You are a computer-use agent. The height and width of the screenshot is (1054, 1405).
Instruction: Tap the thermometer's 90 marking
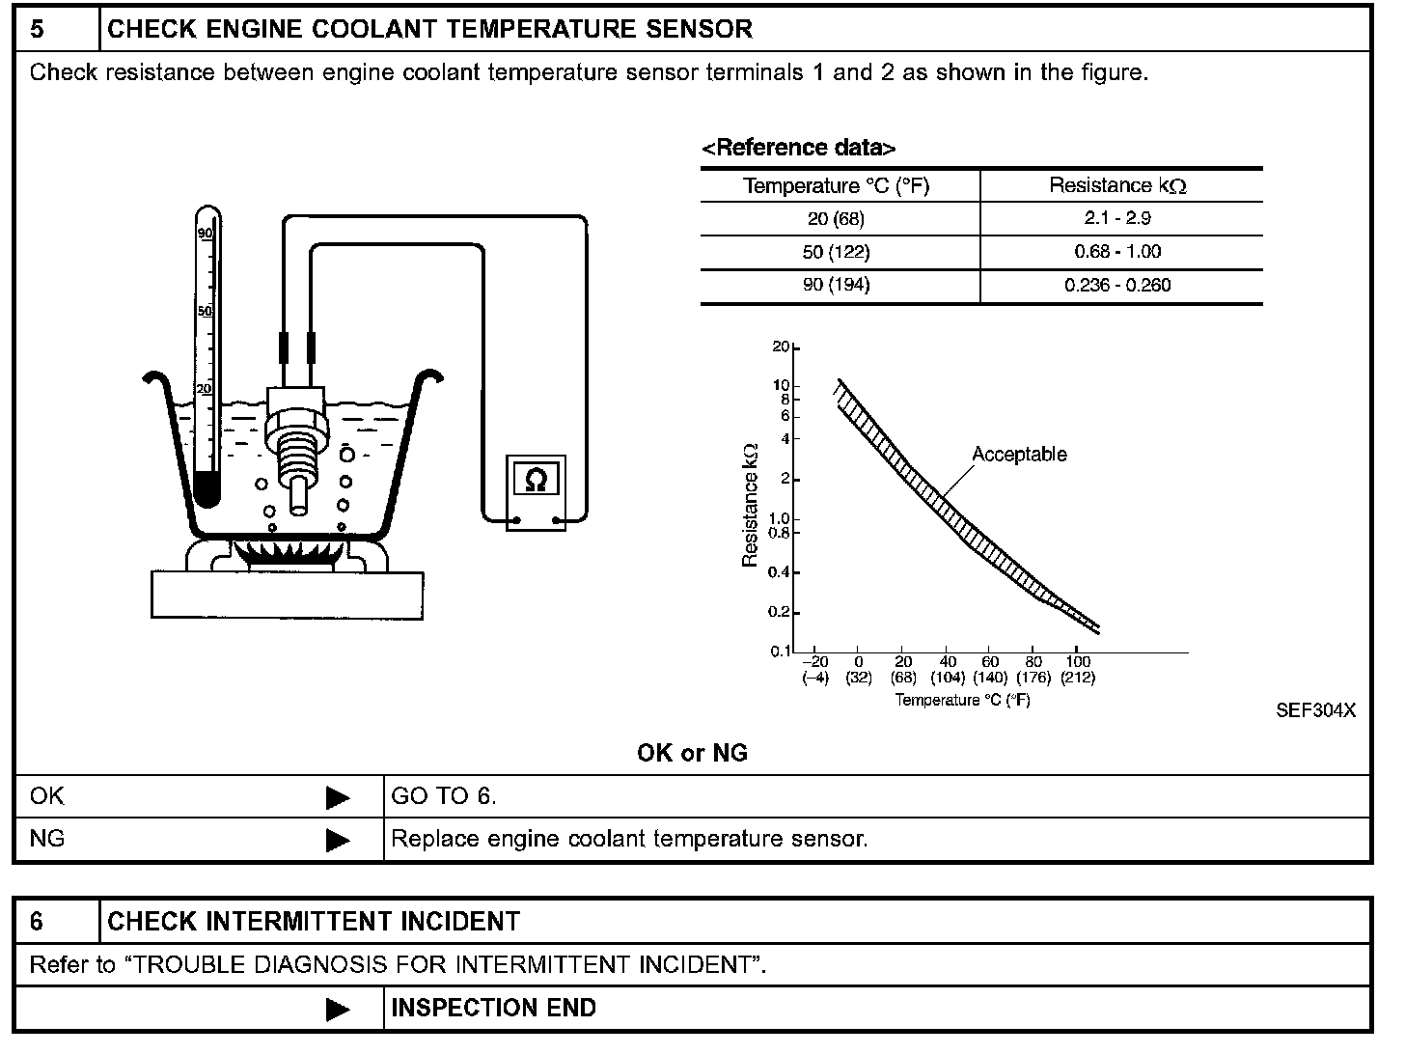tap(205, 234)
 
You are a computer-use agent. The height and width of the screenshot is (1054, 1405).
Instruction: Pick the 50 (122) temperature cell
tap(837, 252)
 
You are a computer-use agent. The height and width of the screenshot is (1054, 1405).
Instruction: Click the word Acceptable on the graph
tap(1019, 454)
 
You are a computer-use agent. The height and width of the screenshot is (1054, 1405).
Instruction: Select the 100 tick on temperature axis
tap(1078, 662)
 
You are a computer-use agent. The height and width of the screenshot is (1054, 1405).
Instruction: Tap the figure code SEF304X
tap(1315, 710)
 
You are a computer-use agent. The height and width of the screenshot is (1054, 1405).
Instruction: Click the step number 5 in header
tap(38, 29)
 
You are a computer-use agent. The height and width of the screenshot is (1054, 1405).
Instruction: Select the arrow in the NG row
tap(338, 840)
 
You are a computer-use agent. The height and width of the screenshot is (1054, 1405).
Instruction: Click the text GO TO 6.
tap(444, 796)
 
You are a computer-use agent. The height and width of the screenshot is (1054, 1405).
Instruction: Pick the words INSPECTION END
tap(493, 1008)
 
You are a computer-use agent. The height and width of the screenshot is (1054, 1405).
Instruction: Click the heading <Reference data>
tap(798, 148)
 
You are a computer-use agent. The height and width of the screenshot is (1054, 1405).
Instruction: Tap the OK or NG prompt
tap(692, 753)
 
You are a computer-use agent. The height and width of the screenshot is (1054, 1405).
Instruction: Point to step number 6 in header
tap(38, 922)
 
